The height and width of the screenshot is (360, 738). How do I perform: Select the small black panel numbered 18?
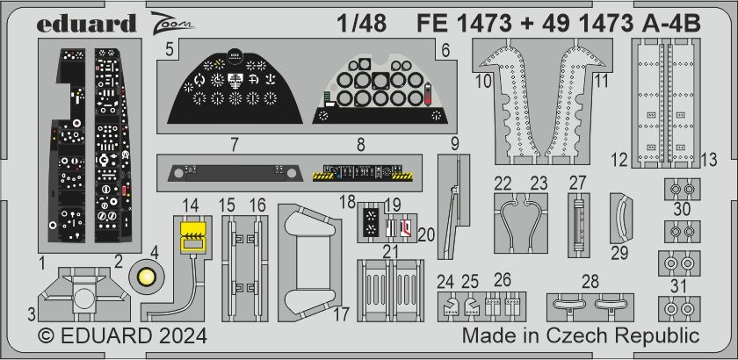(371, 220)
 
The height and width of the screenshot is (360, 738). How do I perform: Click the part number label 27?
(576, 183)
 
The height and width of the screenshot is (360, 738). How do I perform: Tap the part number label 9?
(454, 143)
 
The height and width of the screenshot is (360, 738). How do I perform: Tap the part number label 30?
(683, 210)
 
